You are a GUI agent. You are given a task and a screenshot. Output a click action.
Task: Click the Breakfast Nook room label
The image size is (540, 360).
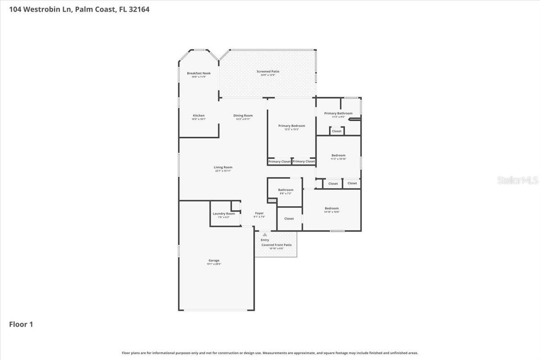[198, 73]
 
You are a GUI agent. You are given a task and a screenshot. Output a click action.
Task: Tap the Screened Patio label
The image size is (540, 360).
[268, 72]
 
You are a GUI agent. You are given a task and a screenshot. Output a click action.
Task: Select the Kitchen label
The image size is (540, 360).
[198, 116]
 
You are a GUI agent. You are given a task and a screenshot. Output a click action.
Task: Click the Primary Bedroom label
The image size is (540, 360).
[292, 126]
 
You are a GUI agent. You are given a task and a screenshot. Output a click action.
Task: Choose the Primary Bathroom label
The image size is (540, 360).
[338, 113]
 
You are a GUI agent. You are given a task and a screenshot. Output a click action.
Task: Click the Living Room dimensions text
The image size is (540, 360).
[223, 171]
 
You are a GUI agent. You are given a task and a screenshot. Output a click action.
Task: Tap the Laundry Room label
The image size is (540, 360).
[224, 213]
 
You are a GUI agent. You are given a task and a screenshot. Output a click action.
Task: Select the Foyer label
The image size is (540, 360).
[259, 213]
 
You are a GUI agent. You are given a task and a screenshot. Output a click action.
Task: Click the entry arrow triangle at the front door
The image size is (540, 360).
[265, 235]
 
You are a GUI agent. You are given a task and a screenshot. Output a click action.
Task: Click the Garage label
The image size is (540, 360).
[214, 261]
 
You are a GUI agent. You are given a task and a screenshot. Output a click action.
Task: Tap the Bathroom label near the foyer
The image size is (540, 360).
[285, 190]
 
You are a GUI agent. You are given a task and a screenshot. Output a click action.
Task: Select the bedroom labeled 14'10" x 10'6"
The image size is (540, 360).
[332, 208]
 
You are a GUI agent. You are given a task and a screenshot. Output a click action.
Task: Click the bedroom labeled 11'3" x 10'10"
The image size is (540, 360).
[338, 155]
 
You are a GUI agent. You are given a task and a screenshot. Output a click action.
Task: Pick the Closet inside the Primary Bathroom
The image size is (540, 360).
[337, 131]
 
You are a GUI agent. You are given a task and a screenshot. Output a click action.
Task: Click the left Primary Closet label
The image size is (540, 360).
[279, 162]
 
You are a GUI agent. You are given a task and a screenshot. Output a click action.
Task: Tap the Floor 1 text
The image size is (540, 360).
[21, 324]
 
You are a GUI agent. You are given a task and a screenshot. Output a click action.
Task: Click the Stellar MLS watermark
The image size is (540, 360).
[517, 180]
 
